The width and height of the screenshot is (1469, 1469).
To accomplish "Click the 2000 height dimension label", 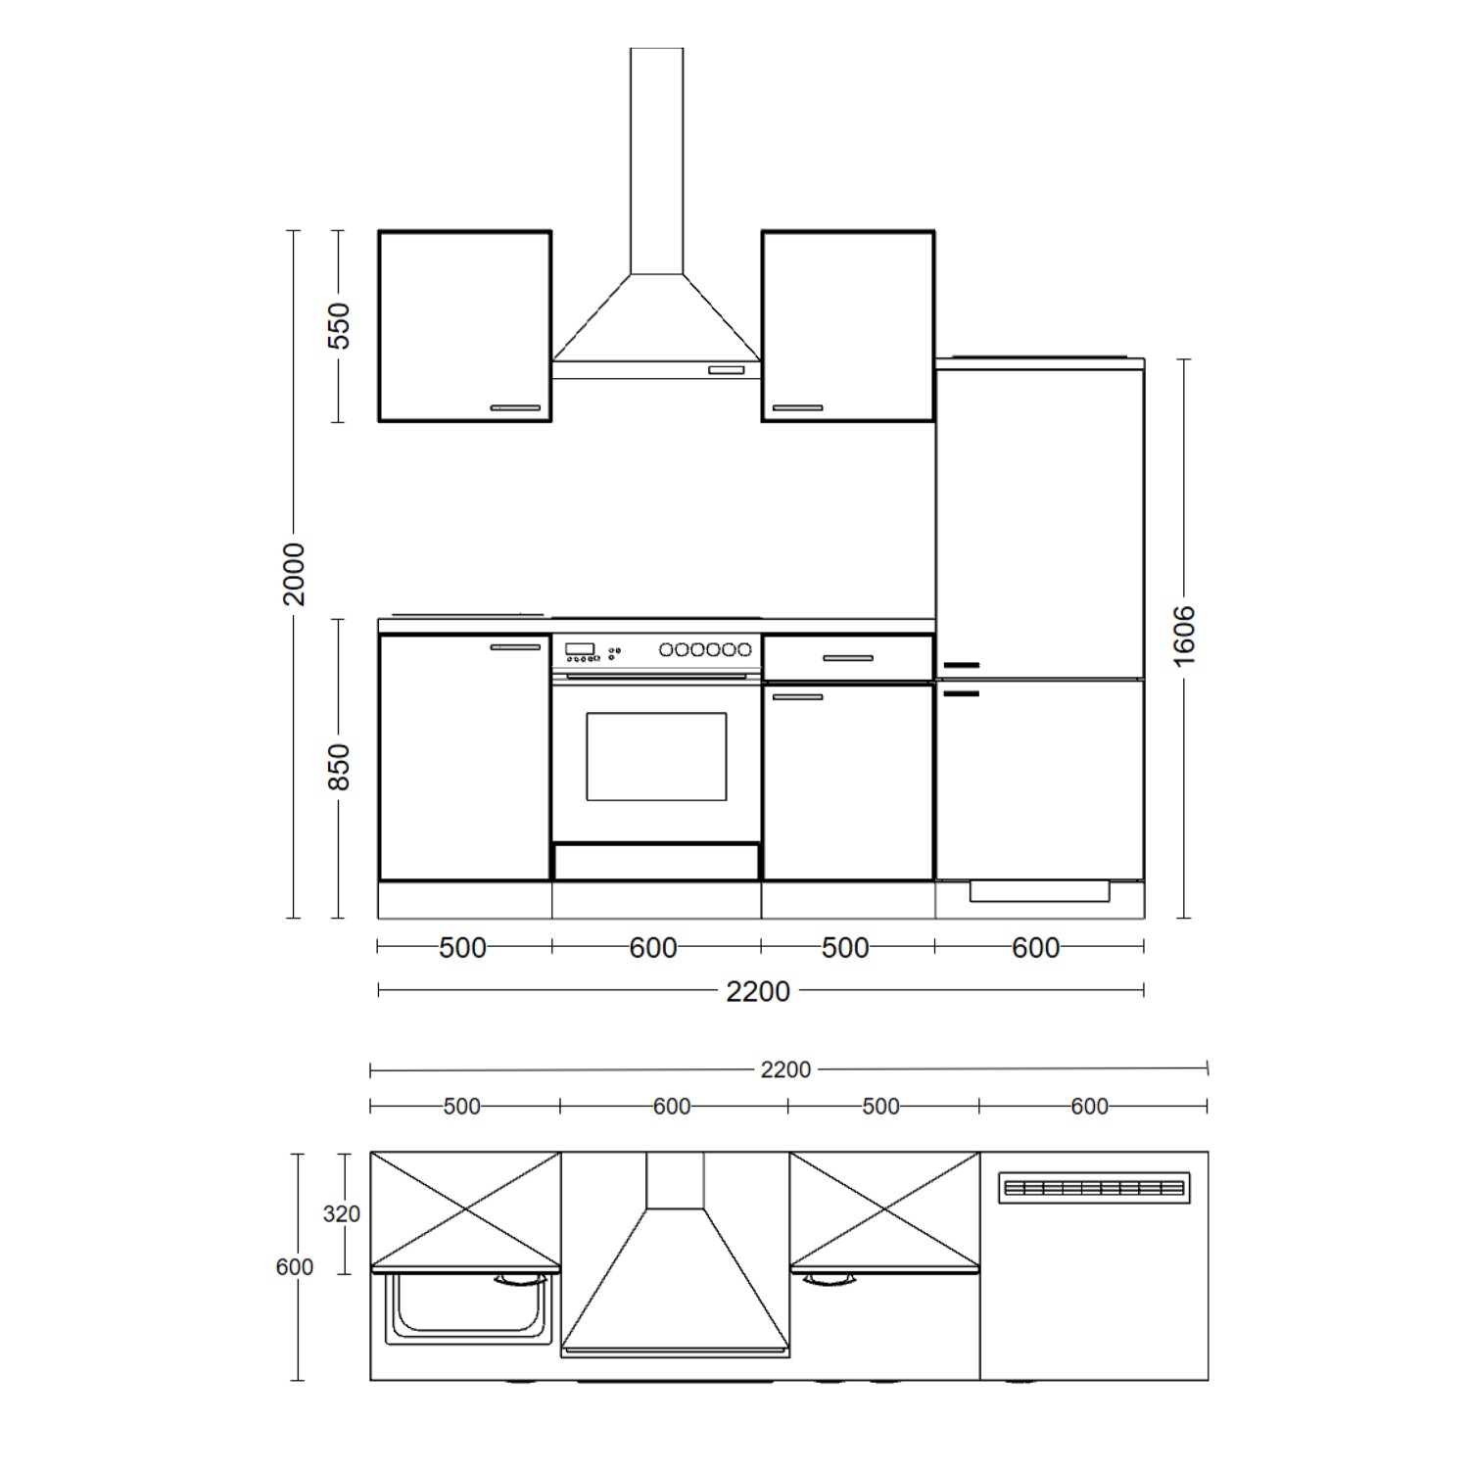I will point(293,574).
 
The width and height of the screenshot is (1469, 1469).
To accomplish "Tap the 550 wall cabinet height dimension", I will point(338,326).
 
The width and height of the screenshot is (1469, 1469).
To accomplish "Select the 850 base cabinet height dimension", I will point(338,767).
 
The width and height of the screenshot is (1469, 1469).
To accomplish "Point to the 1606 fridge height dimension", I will point(1184,637).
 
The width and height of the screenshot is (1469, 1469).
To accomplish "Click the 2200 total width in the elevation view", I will point(757,991).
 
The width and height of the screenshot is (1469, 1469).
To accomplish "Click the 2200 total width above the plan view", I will point(785,1069).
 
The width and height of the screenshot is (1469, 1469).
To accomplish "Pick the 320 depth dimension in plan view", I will point(342,1213).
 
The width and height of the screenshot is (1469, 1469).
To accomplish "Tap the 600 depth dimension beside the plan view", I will point(295,1266).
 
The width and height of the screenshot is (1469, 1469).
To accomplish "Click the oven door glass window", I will point(656,756).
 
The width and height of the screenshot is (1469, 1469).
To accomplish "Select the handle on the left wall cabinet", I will point(515,407).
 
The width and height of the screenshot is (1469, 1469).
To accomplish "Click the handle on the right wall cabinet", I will point(797,407).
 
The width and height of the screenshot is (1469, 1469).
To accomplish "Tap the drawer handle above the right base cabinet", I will point(848,658).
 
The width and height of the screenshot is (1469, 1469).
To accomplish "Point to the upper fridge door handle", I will point(962,666).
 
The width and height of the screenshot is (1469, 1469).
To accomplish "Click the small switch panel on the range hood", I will point(726,370).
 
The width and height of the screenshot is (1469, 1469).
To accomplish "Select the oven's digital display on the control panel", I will point(580,648).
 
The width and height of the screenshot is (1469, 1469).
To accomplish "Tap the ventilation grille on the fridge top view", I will point(1094,1188).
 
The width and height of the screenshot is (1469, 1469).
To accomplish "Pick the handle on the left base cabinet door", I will point(515,647).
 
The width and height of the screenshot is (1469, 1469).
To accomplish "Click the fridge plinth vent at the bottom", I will point(1039,891).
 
